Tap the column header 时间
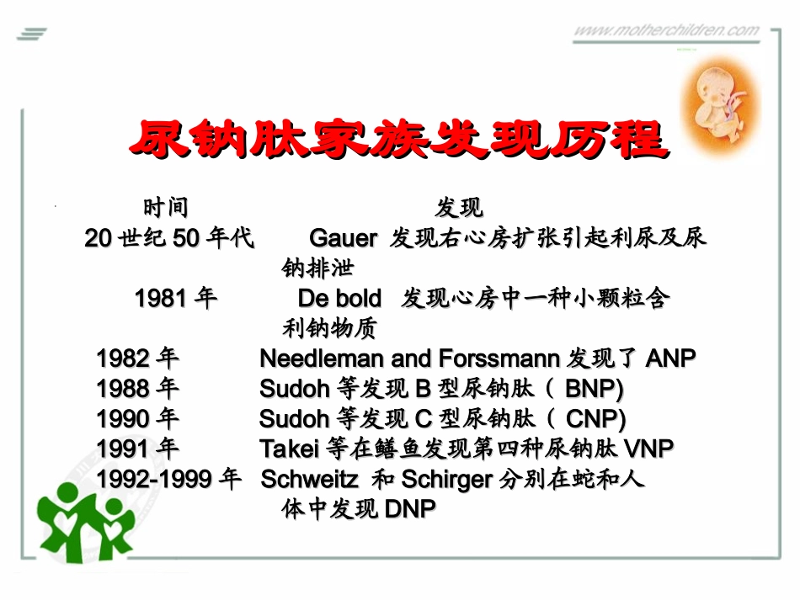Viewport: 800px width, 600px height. tap(165, 207)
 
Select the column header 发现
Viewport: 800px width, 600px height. tap(459, 207)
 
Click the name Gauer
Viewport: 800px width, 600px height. tap(343, 239)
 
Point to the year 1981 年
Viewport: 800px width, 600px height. tap(175, 299)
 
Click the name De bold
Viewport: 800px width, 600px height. tap(339, 299)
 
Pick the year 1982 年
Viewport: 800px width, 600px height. tap(137, 359)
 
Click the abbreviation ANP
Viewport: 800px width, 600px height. tap(670, 359)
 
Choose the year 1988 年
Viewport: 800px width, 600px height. tap(137, 389)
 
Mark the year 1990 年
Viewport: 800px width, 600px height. tap(137, 419)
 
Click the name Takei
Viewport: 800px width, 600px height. tap(288, 449)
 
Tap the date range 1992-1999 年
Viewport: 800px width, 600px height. tap(169, 480)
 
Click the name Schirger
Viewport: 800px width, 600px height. tap(446, 480)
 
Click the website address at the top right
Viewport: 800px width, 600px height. tap(665, 31)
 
